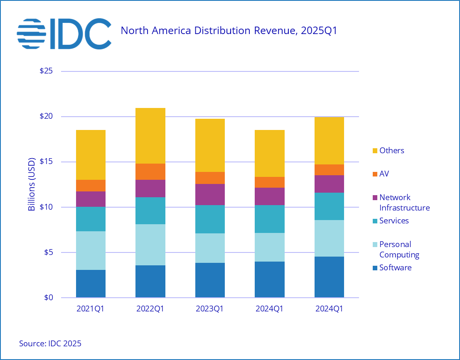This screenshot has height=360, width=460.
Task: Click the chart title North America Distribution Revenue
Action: (x=228, y=30)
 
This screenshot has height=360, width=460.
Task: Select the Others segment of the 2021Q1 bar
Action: (x=91, y=155)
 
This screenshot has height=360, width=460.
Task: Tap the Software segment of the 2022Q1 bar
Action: (x=150, y=281)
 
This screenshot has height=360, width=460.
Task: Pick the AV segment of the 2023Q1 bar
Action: (x=210, y=178)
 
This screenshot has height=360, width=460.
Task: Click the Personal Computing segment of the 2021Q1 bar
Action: (x=91, y=250)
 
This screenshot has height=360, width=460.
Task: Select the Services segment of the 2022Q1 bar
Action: (x=150, y=211)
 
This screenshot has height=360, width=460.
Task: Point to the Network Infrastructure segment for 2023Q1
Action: (x=210, y=194)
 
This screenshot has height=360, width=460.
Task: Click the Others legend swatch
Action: (x=375, y=151)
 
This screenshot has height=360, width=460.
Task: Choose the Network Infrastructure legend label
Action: (x=404, y=203)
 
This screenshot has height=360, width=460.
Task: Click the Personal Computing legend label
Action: (x=399, y=250)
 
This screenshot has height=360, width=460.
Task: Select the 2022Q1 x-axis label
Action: (x=150, y=309)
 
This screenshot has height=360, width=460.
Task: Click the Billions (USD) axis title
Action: (x=32, y=184)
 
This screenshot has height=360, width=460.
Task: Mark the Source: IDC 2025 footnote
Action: (x=50, y=343)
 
